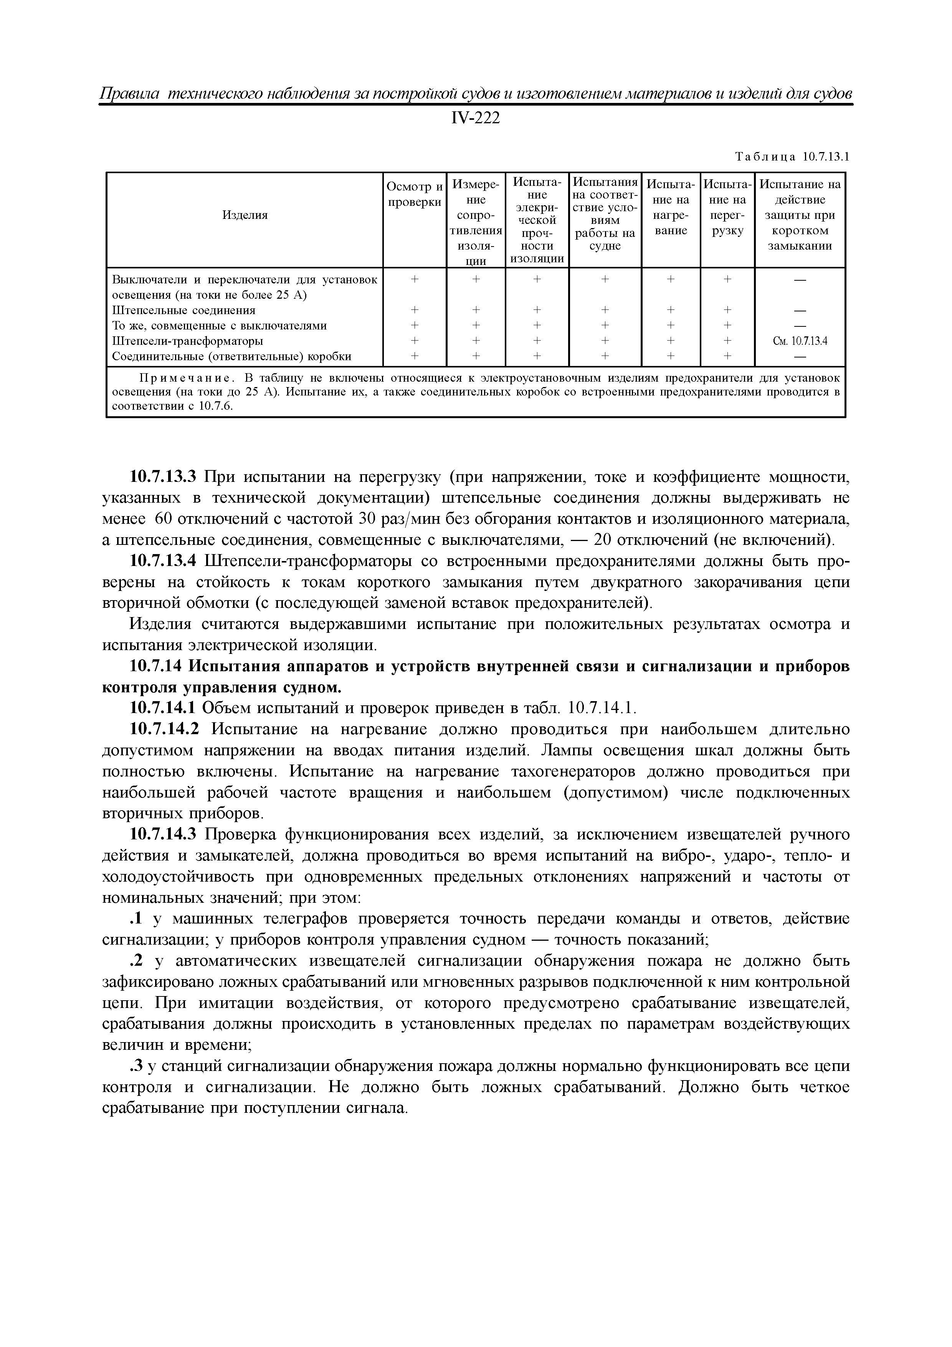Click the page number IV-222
tap(476, 119)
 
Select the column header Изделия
tap(245, 215)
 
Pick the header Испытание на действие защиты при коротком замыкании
tap(800, 215)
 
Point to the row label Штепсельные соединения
tap(183, 310)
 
